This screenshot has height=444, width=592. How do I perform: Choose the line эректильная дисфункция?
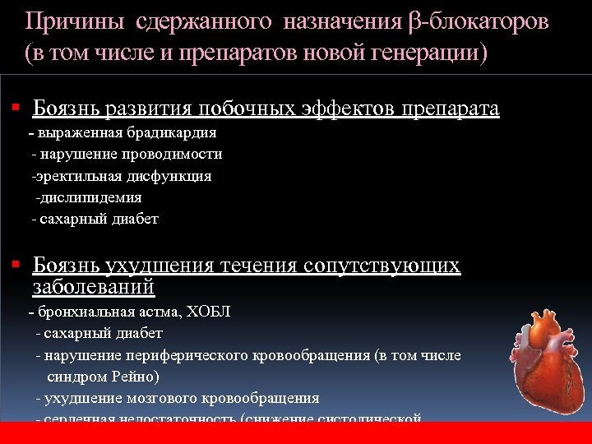(x=122, y=176)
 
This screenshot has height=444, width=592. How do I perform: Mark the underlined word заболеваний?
(x=94, y=287)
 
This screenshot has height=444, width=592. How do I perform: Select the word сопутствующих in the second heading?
(x=382, y=266)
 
